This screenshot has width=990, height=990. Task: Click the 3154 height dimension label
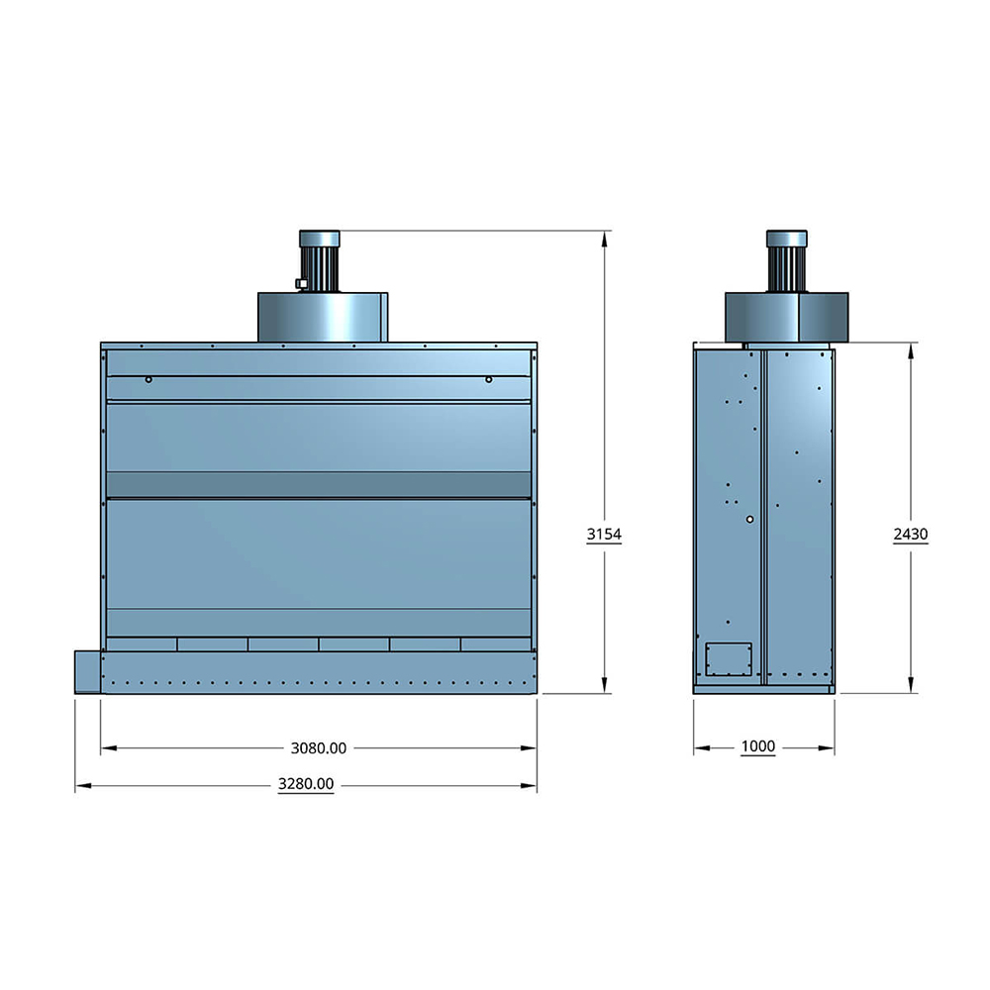(x=604, y=535)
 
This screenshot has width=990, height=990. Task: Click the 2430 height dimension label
(x=911, y=535)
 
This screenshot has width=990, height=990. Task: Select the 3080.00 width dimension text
(x=318, y=748)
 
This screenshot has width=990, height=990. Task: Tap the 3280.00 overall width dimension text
(x=306, y=784)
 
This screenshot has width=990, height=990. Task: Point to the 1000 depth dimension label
(x=757, y=746)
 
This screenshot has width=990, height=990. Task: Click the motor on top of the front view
(x=320, y=260)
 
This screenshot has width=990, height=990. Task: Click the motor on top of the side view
(x=787, y=260)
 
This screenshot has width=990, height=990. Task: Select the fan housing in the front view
(x=323, y=317)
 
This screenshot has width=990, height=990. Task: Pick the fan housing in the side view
(x=787, y=317)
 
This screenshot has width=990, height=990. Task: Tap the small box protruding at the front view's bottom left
(x=88, y=672)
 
